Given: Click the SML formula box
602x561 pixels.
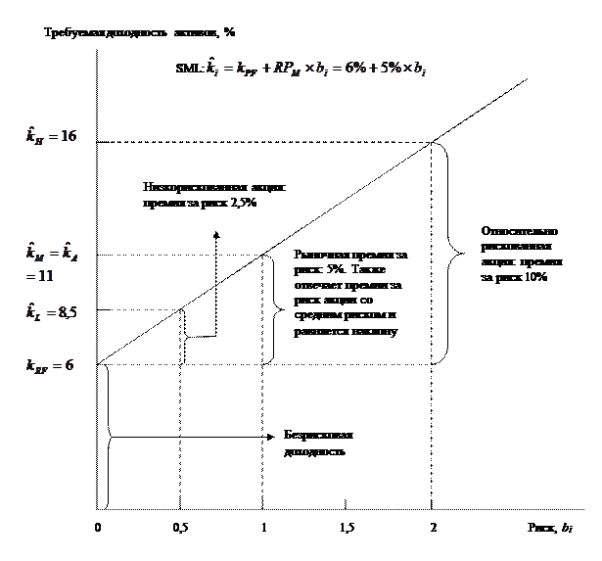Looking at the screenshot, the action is click(x=298, y=70).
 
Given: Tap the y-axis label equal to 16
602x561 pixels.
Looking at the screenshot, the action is click(x=51, y=135).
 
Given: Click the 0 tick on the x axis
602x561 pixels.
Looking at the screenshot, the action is click(x=97, y=528).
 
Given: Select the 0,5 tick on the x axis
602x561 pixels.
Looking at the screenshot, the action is click(x=180, y=528).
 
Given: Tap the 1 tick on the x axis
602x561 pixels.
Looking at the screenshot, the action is click(x=263, y=528).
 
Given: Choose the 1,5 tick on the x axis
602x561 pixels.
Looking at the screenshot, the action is click(x=347, y=528).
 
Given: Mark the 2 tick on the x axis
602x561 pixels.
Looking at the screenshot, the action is click(x=433, y=528).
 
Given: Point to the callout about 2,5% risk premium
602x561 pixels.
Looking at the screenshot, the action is click(x=218, y=195).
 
